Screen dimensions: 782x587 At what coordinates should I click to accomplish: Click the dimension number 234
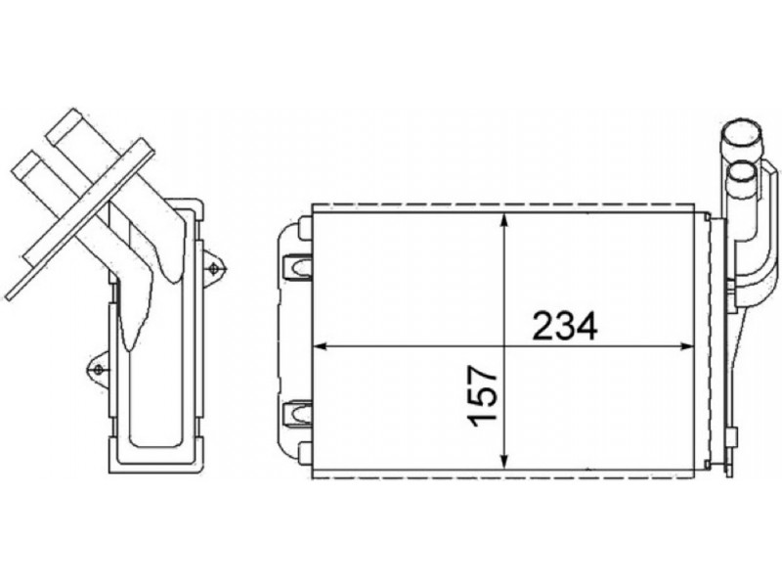point(565,326)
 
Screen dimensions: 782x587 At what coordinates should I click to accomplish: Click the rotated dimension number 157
point(483,396)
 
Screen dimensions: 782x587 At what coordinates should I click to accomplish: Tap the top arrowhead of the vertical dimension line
point(505,222)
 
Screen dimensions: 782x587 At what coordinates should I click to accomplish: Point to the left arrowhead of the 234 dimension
point(320,345)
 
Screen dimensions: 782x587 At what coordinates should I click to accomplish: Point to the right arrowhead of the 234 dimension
point(686,345)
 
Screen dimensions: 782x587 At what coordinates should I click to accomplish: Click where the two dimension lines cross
point(505,345)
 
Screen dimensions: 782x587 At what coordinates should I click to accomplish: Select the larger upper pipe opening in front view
point(741,136)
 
